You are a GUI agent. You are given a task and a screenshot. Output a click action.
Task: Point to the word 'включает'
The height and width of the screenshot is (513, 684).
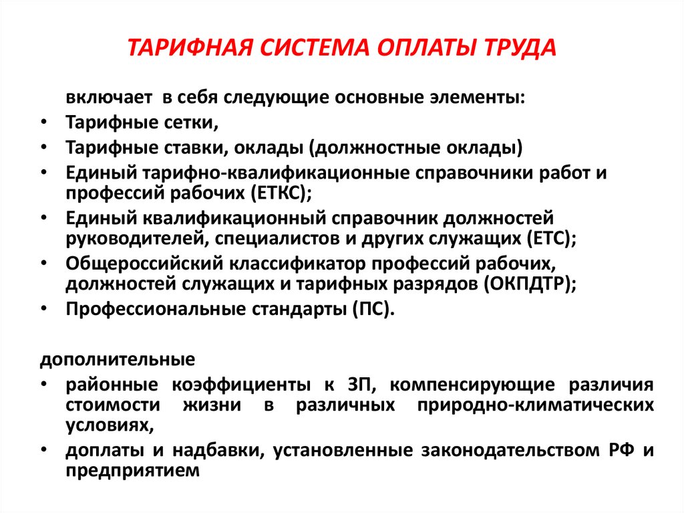pos(108,97)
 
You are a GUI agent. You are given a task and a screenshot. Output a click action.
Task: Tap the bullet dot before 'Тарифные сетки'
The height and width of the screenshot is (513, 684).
pos(43,122)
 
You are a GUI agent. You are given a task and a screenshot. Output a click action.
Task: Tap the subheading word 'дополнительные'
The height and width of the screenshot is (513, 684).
pos(118,360)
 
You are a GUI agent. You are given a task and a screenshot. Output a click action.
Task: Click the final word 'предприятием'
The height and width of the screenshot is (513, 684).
pos(133,470)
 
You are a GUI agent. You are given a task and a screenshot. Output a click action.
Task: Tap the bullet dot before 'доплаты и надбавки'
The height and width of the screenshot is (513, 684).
pos(43,450)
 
